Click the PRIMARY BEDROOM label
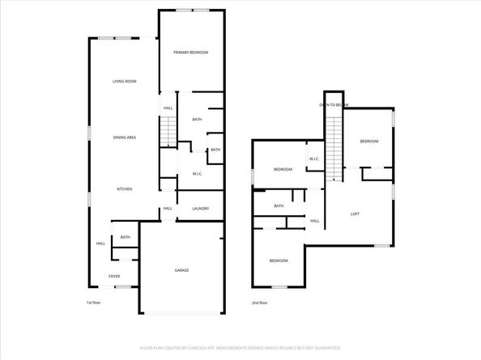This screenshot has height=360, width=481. [x=190, y=53]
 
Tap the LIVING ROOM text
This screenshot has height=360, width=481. [x=124, y=81]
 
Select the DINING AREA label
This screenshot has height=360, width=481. [x=124, y=138]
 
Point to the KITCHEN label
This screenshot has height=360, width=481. [x=124, y=189]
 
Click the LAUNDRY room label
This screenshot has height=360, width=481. [x=200, y=209]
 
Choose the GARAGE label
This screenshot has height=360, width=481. [x=182, y=270]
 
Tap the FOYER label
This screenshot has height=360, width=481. [x=115, y=277]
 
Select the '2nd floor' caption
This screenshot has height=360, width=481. [x=260, y=303]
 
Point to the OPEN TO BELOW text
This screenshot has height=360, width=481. [x=334, y=105]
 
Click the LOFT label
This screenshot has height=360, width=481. [x=355, y=214]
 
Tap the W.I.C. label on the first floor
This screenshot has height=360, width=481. [x=197, y=174]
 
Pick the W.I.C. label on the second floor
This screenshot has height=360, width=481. [x=315, y=159]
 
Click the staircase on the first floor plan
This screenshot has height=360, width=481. [x=168, y=130]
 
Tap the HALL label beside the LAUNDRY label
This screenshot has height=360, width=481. [x=168, y=209]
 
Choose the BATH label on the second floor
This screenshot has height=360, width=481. [x=279, y=205]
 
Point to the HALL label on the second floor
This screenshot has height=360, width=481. [x=315, y=221]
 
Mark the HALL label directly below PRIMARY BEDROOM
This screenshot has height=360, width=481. [x=168, y=108]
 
